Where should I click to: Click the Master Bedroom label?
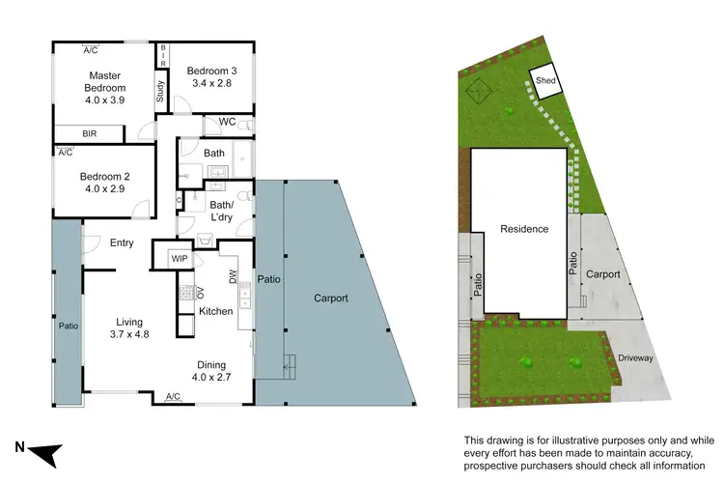tap(103, 85)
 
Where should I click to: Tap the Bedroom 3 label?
tap(211, 77)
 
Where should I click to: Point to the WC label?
tap(228, 122)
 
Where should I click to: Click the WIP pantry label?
tap(180, 259)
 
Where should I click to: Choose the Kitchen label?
tap(215, 311)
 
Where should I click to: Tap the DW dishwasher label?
tap(233, 277)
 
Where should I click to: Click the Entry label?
tap(122, 243)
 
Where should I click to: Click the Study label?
tap(160, 91)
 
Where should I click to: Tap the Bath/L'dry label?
tap(223, 210)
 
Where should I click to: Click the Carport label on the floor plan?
tap(330, 298)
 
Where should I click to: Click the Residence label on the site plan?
tap(524, 229)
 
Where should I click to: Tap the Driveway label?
tap(636, 358)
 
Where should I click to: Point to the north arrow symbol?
tap(45, 451)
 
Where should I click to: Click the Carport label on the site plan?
tap(602, 274)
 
